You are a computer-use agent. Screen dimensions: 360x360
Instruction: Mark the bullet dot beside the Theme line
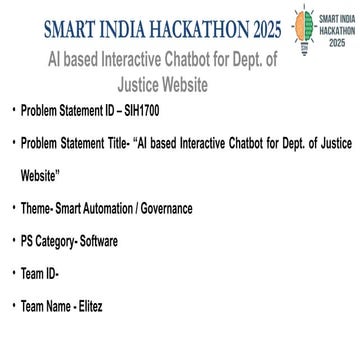coord(10,211)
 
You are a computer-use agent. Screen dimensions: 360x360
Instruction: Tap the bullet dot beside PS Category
coord(10,241)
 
